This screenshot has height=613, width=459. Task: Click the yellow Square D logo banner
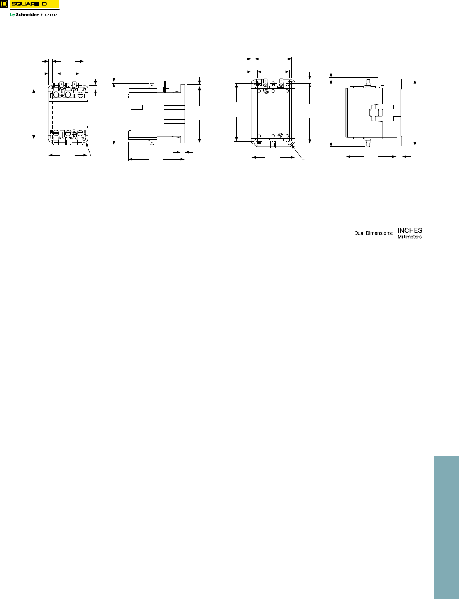click(x=35, y=4)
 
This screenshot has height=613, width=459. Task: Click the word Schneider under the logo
click(x=28, y=14)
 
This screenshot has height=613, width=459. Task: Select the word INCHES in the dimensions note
click(x=410, y=230)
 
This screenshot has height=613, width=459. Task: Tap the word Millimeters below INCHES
click(x=409, y=237)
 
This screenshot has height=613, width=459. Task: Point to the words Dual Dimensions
click(x=374, y=233)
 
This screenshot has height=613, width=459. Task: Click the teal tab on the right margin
click(x=446, y=527)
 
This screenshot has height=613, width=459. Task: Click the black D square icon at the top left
click(x=4, y=4)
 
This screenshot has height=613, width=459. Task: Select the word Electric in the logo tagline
click(x=49, y=15)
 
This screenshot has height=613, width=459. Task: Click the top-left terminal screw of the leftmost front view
click(x=56, y=94)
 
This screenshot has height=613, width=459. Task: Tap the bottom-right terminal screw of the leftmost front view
click(x=80, y=132)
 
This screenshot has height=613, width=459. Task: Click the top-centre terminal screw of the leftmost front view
click(x=68, y=94)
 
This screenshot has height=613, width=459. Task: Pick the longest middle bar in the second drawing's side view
click(x=140, y=114)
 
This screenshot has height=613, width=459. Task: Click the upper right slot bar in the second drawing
click(x=174, y=107)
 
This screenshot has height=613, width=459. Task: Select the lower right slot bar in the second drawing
click(x=174, y=121)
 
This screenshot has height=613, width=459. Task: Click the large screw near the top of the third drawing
click(x=266, y=91)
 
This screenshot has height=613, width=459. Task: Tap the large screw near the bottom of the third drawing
click(x=280, y=136)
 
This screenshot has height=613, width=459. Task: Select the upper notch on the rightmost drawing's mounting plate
click(x=397, y=107)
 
